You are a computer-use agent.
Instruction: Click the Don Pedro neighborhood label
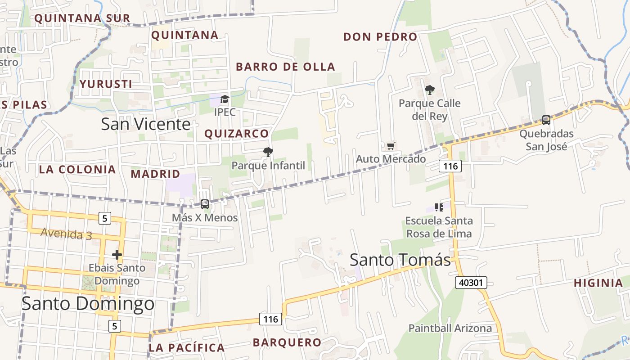(380, 37)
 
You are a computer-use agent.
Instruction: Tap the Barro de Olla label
(286, 67)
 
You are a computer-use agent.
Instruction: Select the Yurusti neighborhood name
(106, 84)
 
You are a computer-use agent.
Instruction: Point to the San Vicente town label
(146, 124)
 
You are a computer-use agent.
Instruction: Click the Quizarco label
(236, 134)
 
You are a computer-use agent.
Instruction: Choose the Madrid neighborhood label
(155, 174)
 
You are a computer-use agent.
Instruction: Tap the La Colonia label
(77, 170)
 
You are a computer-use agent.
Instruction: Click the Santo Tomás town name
(400, 260)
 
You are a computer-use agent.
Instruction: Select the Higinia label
(598, 283)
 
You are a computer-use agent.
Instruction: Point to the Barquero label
(287, 342)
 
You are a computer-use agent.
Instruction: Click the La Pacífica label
(186, 347)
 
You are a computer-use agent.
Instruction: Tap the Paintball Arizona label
(450, 328)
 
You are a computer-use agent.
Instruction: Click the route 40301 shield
(471, 283)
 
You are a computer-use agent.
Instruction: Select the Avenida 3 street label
(67, 234)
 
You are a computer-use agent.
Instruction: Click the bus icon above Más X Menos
(205, 204)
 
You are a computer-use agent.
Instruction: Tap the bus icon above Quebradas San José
(546, 120)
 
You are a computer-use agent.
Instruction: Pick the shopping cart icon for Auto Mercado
(391, 146)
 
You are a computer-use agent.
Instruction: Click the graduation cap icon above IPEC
(225, 99)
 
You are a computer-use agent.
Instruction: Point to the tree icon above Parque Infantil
(268, 152)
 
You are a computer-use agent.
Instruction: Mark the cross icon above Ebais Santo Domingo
(117, 255)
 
